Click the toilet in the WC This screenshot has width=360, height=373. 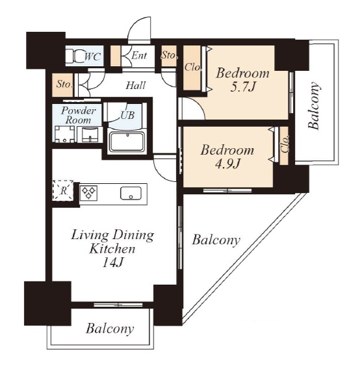(74, 56)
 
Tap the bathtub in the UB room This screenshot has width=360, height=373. (127, 142)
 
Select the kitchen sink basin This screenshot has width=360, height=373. (131, 193)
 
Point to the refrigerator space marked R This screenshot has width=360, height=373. (63, 190)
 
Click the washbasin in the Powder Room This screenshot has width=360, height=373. (90, 135)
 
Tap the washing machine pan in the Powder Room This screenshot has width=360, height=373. (64, 135)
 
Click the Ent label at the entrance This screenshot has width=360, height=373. (139, 56)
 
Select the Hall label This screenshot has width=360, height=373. (136, 85)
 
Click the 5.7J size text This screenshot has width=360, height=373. (242, 87)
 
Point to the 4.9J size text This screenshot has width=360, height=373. (227, 164)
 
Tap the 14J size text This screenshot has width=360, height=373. (112, 263)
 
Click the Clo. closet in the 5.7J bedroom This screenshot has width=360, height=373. (192, 68)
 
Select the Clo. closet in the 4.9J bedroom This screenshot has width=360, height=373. (284, 146)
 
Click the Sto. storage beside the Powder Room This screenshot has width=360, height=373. (63, 85)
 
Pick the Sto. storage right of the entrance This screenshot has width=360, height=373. (169, 56)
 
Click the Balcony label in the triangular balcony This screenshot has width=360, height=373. (216, 240)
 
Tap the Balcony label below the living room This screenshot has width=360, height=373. (110, 329)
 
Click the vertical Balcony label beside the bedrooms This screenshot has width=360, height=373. (314, 106)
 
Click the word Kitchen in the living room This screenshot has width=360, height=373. (112, 249)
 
